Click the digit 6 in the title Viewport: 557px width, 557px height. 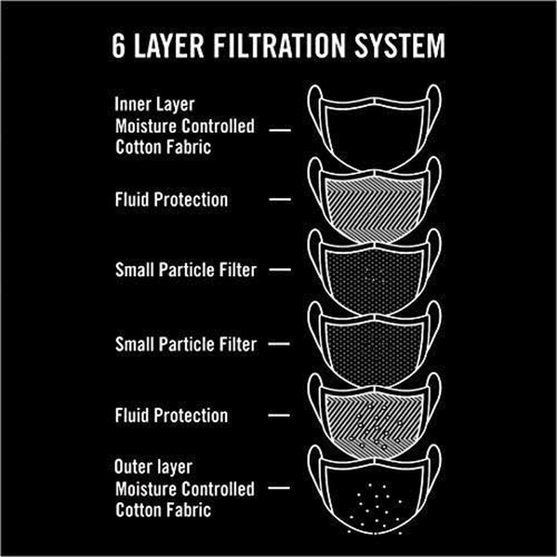click(120, 46)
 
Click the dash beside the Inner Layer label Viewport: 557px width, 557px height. click(280, 129)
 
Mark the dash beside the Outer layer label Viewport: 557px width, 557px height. click(280, 489)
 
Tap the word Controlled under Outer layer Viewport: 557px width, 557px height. click(218, 488)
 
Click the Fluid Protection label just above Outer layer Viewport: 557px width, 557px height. click(171, 416)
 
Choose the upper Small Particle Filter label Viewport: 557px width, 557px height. click(185, 270)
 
